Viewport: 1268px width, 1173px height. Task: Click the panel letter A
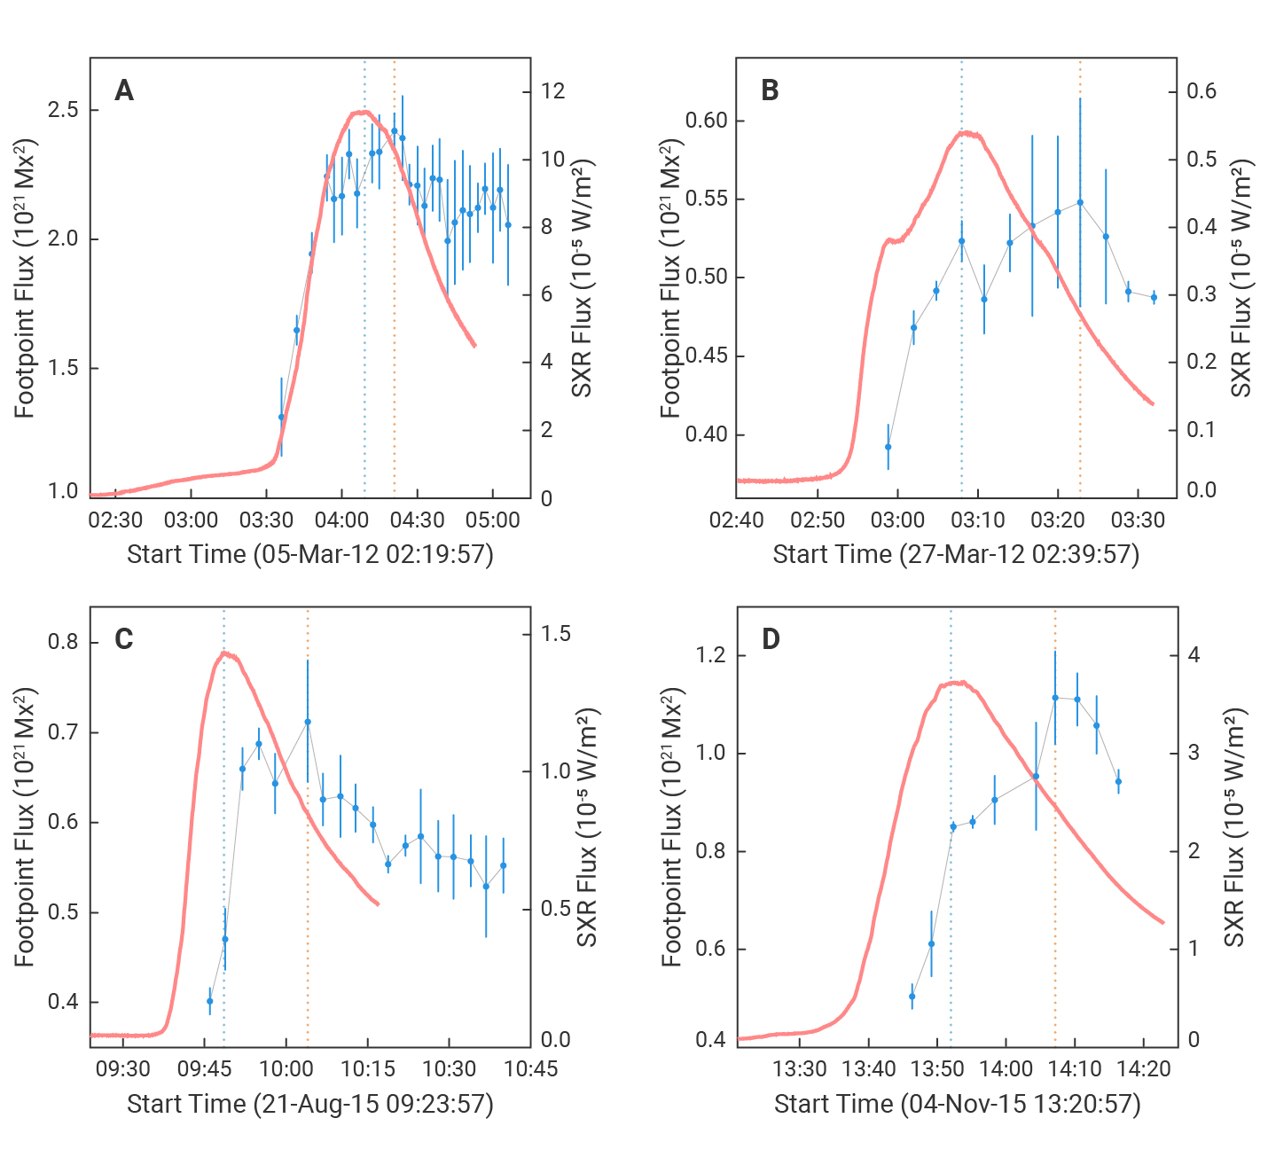click(124, 90)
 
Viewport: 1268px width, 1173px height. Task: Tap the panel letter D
click(771, 639)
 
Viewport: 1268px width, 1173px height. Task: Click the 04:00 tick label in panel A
click(342, 520)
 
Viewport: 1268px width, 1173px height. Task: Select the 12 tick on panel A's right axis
click(552, 91)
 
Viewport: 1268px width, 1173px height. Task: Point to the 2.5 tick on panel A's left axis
click(63, 110)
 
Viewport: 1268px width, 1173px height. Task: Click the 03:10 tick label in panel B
click(977, 520)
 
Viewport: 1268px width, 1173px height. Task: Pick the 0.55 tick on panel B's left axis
click(707, 199)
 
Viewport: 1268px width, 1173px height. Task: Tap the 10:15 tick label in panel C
click(367, 1069)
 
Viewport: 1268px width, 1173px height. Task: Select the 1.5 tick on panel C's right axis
click(557, 634)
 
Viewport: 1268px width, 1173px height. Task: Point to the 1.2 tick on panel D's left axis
click(711, 655)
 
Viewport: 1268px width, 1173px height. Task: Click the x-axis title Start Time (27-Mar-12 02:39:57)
click(956, 555)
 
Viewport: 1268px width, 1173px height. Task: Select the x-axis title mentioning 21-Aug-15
click(309, 1105)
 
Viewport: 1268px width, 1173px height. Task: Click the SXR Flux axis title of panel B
click(1241, 278)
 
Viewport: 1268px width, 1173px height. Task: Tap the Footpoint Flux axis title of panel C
click(25, 826)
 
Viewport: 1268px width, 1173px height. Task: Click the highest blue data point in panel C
click(308, 722)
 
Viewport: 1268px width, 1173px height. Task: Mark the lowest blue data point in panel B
click(888, 447)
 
